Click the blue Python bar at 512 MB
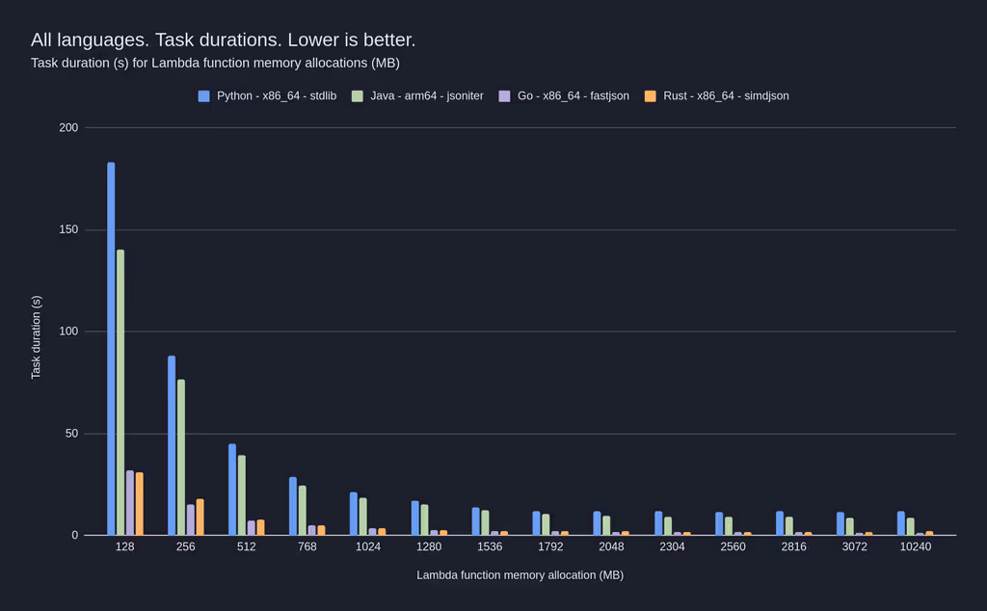pos(232,490)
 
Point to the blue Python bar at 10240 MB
pos(901,523)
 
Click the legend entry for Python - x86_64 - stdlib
pos(267,96)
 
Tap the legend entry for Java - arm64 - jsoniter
pos(417,96)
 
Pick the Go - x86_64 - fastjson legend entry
pos(564,96)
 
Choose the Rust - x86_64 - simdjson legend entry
pos(716,96)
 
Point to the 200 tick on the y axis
pos(68,128)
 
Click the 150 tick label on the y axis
pos(68,230)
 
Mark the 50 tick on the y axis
pos(71,434)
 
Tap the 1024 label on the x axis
pos(368,546)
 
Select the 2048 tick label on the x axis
pos(611,546)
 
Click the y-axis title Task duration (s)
pos(37,337)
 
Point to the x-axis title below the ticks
pos(520,575)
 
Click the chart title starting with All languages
pos(223,40)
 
